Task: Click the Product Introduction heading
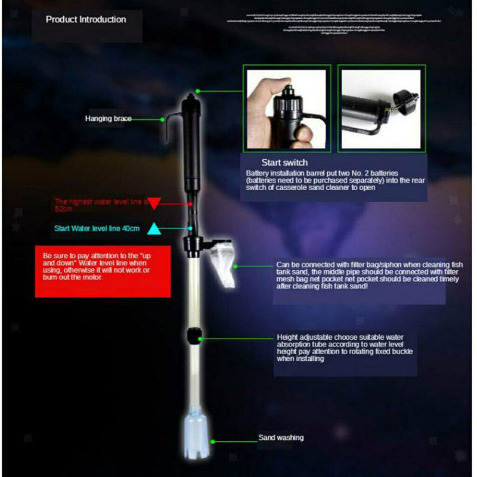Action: click(86, 20)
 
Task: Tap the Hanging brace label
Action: click(107, 119)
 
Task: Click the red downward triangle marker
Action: click(154, 204)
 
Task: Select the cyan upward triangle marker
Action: click(154, 228)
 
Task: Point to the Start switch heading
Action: click(284, 162)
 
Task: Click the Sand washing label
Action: click(281, 438)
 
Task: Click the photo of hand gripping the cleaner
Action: click(286, 109)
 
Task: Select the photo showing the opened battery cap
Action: click(381, 109)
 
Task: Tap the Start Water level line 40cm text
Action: click(97, 228)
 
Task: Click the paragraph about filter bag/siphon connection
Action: click(377, 275)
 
